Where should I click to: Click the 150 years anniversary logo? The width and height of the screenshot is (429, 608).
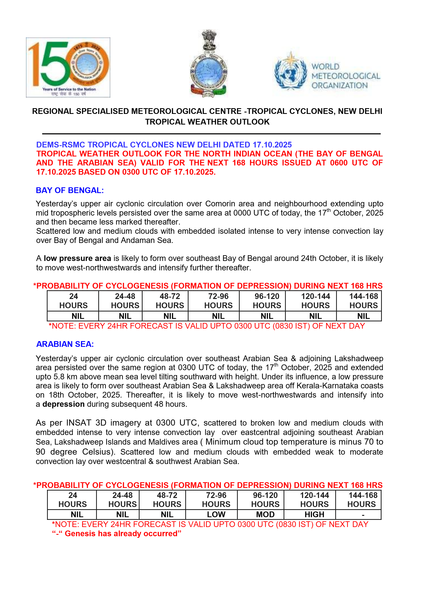pyautogui.click(x=68, y=67)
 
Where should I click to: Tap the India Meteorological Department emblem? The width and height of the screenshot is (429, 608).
pyautogui.click(x=209, y=64)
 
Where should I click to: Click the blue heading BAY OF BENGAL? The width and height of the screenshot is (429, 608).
pyautogui.click(x=70, y=190)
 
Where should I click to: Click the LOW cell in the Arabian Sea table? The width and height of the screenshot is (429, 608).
pyautogui.click(x=216, y=514)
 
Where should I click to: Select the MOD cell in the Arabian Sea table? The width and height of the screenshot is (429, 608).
pyautogui.click(x=265, y=514)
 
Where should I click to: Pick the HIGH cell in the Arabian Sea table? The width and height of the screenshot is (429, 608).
pyautogui.click(x=314, y=514)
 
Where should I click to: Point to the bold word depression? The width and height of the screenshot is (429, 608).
pyautogui.click(x=64, y=404)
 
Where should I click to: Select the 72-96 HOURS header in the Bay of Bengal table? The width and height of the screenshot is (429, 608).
pyautogui.click(x=218, y=301)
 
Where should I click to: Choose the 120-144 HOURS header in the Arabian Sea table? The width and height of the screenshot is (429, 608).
pyautogui.click(x=314, y=499)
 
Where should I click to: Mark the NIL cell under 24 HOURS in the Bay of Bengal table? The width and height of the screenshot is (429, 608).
pyautogui.click(x=78, y=316)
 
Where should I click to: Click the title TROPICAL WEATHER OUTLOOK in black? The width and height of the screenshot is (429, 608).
pyautogui.click(x=207, y=122)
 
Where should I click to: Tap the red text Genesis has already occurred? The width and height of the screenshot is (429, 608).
pyautogui.click(x=123, y=533)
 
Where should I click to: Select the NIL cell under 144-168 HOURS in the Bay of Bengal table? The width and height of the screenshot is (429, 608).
pyautogui.click(x=363, y=316)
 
